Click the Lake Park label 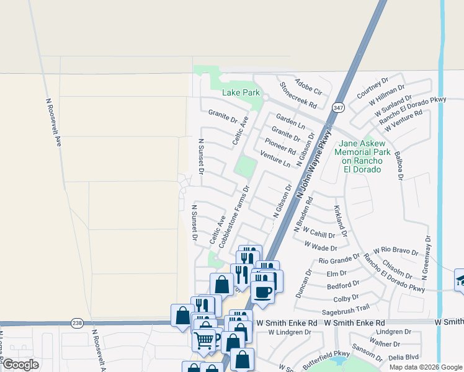[x=241, y=93]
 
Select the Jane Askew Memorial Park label [x=364, y=156]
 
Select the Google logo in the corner [x=20, y=365]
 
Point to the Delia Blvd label [x=404, y=357]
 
